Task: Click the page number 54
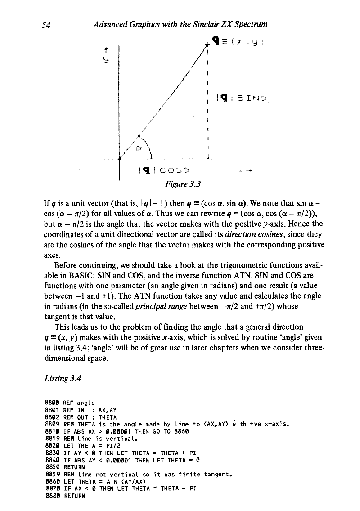tap(45, 26)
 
